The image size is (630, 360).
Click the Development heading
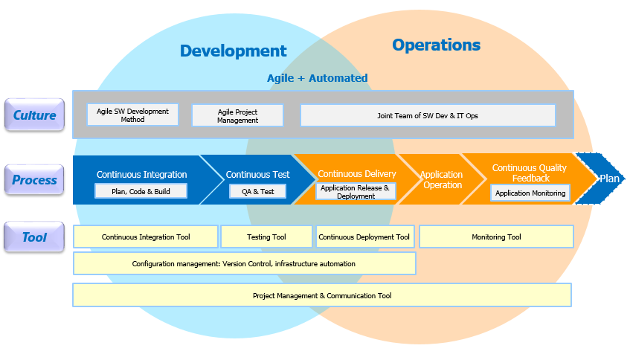click(233, 51)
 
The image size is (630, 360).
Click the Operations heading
click(437, 45)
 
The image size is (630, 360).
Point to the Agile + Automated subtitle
click(318, 78)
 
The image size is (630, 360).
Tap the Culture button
click(34, 115)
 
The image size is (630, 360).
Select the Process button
click(34, 179)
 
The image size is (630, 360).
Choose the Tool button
click(34, 237)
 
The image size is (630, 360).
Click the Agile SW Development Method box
click(132, 115)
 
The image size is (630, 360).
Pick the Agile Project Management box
click(237, 116)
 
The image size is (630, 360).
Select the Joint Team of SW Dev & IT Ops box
click(428, 116)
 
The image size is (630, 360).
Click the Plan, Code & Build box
click(141, 191)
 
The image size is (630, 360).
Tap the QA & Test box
click(257, 192)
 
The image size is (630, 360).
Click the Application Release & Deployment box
click(356, 192)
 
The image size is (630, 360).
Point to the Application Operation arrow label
click(442, 179)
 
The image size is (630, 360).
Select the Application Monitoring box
click(530, 193)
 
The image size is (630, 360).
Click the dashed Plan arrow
click(600, 179)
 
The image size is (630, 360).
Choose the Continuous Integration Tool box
click(146, 237)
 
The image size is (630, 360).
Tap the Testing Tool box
click(266, 237)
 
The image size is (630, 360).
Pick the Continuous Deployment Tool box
click(364, 237)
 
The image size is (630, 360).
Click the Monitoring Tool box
click(496, 237)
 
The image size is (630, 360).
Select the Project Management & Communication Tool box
click(322, 295)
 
